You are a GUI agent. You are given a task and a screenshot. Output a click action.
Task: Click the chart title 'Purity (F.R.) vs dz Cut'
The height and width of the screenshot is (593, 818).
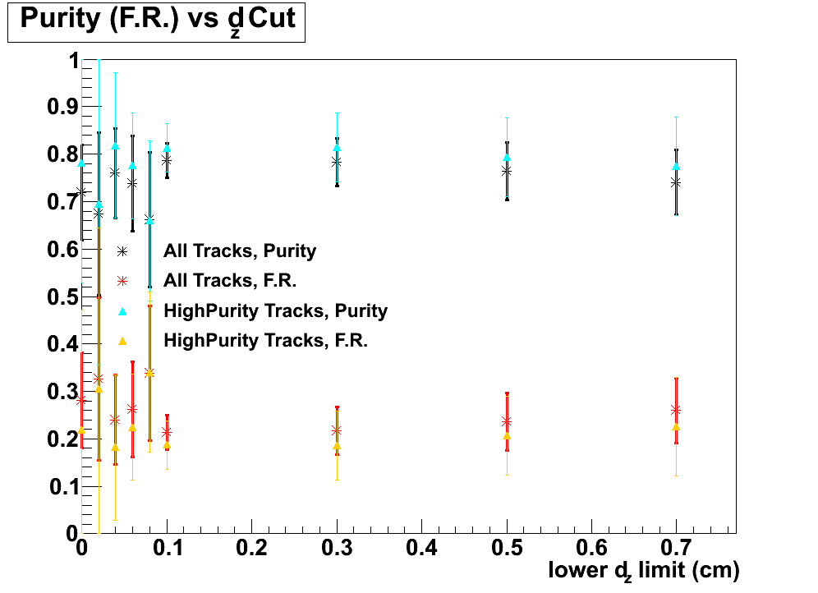[156, 21]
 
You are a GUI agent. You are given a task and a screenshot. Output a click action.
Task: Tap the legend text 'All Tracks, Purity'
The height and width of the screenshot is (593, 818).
[240, 251]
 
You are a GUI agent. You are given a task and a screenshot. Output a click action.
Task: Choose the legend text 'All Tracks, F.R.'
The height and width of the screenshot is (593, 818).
[230, 281]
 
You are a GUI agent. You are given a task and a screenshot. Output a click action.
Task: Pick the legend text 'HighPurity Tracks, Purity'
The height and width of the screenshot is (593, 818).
[275, 310]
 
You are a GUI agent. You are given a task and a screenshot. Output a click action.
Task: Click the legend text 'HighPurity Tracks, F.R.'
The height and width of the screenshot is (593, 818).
[265, 340]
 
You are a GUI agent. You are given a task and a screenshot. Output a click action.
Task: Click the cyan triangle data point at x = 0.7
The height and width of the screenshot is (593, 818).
[676, 167]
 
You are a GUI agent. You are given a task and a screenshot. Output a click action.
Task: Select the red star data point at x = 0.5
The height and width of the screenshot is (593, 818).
[507, 421]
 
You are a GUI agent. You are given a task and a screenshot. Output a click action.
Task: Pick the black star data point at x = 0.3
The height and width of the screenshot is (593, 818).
[337, 162]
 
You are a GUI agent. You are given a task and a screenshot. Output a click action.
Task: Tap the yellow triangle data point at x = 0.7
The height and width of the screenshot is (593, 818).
[676, 427]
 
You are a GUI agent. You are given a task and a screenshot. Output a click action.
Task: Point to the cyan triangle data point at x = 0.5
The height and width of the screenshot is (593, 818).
[507, 157]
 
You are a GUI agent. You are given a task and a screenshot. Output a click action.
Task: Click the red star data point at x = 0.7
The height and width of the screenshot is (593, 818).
[676, 410]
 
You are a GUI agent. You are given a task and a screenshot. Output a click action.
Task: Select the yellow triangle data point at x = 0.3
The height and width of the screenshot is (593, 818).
[337, 446]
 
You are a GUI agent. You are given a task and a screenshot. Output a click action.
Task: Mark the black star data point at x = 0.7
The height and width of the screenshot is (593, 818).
[676, 182]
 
